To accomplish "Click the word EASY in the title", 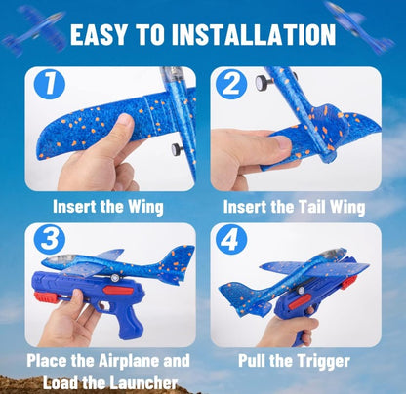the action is pyautogui.click(x=99, y=34).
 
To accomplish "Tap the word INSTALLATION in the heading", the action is pyautogui.click(x=254, y=34).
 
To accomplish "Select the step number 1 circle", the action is pyautogui.click(x=50, y=85).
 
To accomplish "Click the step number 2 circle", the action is pyautogui.click(x=231, y=84).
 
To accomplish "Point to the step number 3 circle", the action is pyautogui.click(x=50, y=239).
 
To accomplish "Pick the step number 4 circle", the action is pyautogui.click(x=231, y=240).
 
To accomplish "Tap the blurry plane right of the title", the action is pyautogui.click(x=359, y=26).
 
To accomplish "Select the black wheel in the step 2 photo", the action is pyautogui.click(x=263, y=83).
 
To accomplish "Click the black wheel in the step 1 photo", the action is pyautogui.click(x=178, y=149).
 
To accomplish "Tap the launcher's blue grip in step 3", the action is pyautogui.click(x=129, y=322).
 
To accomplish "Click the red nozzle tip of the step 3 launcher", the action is pyautogui.click(x=44, y=297).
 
